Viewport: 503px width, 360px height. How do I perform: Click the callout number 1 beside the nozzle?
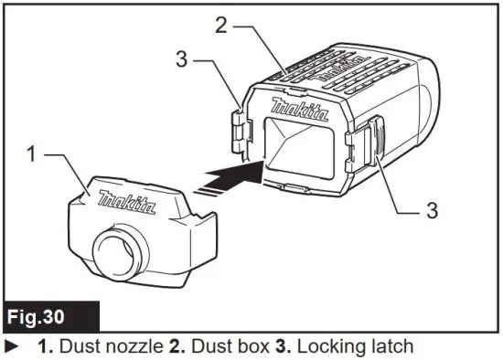[x=32, y=155]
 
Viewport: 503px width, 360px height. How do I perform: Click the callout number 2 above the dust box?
[x=220, y=25]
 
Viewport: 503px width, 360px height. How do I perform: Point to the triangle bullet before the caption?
[x=11, y=346]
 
